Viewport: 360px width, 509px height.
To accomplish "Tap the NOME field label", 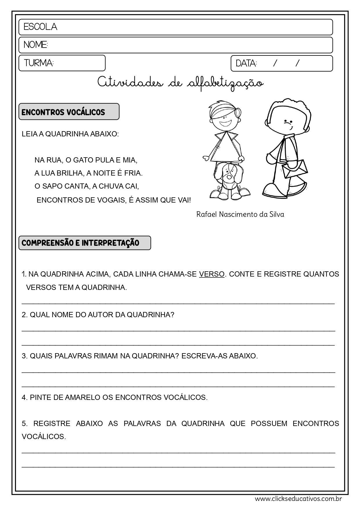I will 35,45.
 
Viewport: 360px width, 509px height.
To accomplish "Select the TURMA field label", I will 39,63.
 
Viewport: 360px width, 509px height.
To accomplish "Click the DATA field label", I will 246,63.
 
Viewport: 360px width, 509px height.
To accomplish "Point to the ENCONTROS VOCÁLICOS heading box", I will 69,112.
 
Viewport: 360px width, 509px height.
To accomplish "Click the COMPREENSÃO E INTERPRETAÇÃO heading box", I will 84,243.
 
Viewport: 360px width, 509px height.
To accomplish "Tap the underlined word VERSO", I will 212,274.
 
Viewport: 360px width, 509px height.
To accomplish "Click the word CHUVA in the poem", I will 111,186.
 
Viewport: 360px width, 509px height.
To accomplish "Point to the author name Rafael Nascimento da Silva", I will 240,214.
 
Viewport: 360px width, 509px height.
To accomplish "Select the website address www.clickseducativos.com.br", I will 298,499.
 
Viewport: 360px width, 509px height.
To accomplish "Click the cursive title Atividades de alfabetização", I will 180,83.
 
